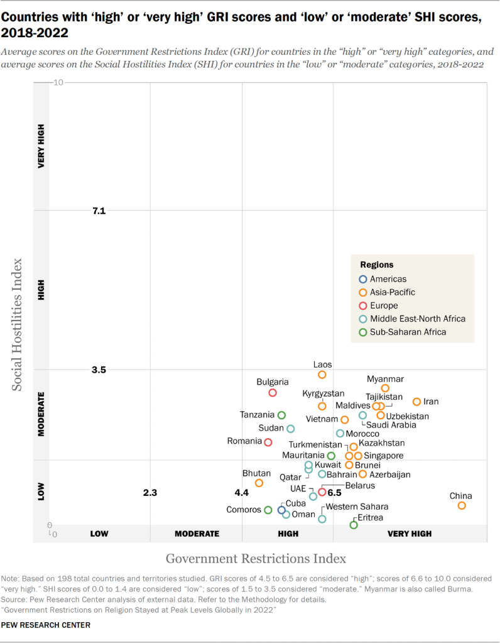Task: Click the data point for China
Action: click(462, 505)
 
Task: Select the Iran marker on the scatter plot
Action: click(416, 402)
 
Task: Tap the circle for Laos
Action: click(322, 375)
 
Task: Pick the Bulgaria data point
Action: click(273, 392)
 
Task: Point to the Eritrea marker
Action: click(354, 524)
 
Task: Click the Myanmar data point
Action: click(385, 388)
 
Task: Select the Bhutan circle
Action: click(259, 483)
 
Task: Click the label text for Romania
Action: click(244, 441)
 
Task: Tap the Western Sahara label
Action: click(357, 507)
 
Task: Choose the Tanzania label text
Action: click(258, 415)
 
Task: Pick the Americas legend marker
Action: click(362, 279)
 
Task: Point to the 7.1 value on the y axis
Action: click(99, 211)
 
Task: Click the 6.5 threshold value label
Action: click(334, 493)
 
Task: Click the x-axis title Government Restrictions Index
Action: click(256, 558)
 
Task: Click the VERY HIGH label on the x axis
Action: click(410, 534)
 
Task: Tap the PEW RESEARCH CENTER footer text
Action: click(46, 625)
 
